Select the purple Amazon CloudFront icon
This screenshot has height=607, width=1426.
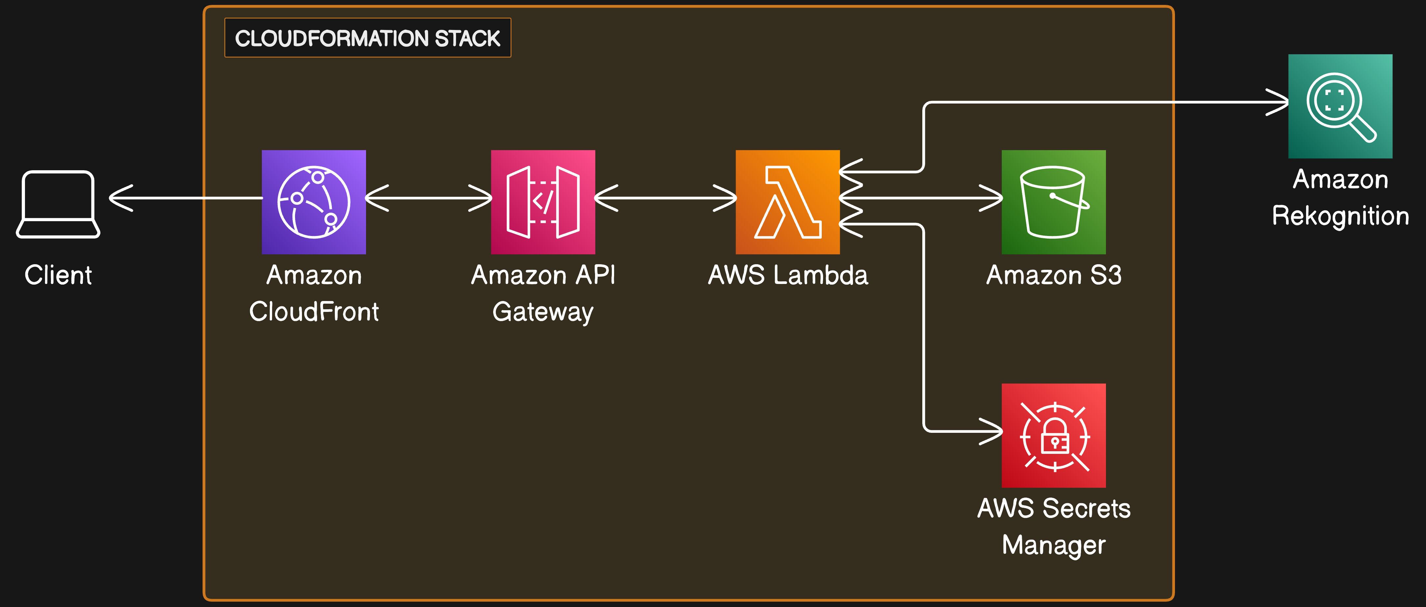coord(314,202)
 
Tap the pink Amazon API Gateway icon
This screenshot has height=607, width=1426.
coord(543,202)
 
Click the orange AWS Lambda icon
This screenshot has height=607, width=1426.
coord(788,202)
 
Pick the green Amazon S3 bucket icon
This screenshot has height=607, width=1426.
coord(1053,202)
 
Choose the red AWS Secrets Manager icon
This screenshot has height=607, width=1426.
coord(1053,435)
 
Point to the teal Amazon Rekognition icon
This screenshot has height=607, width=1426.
coord(1340,106)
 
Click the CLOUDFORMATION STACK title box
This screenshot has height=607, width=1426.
coord(368,38)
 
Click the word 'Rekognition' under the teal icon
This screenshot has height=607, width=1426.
coord(1340,216)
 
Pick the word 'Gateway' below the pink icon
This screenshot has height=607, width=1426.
coord(543,312)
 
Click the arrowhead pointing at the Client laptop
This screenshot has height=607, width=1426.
coord(121,198)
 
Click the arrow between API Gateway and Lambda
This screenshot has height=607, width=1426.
coord(665,198)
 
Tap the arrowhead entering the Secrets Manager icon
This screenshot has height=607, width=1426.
coord(991,431)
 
